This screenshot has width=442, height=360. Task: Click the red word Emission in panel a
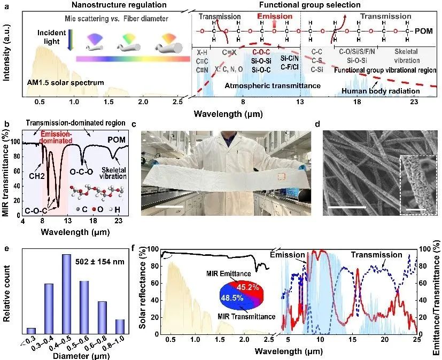coord(275,17)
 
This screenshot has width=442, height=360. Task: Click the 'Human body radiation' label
coord(383,91)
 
